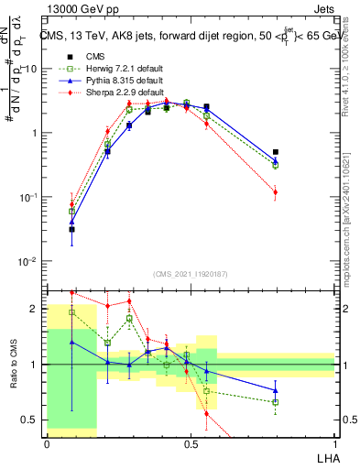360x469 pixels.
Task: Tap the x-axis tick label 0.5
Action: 191,443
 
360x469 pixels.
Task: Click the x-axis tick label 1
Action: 334,443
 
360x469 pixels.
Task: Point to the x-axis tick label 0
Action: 47,443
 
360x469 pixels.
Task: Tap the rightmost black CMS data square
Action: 276,152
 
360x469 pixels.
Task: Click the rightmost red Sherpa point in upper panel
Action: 276,192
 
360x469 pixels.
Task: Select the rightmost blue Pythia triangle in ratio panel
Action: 276,390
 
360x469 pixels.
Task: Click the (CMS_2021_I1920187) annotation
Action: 191,273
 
